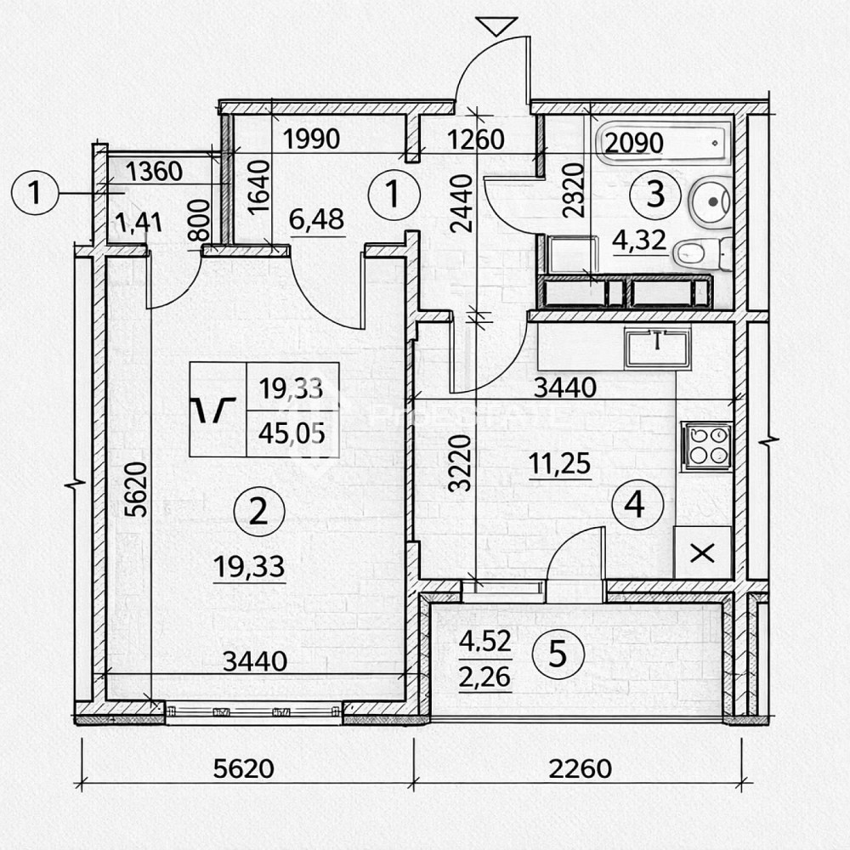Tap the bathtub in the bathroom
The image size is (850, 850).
(663, 142)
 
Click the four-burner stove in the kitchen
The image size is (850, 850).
(705, 445)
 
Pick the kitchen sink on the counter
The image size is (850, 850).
(656, 348)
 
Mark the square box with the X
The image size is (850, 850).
(702, 553)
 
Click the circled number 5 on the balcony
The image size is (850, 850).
(558, 654)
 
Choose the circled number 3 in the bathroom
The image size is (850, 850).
(655, 195)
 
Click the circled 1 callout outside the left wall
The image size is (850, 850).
(35, 194)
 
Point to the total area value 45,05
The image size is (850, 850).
(292, 434)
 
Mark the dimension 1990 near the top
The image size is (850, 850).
(311, 138)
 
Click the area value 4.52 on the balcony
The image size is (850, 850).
(484, 643)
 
